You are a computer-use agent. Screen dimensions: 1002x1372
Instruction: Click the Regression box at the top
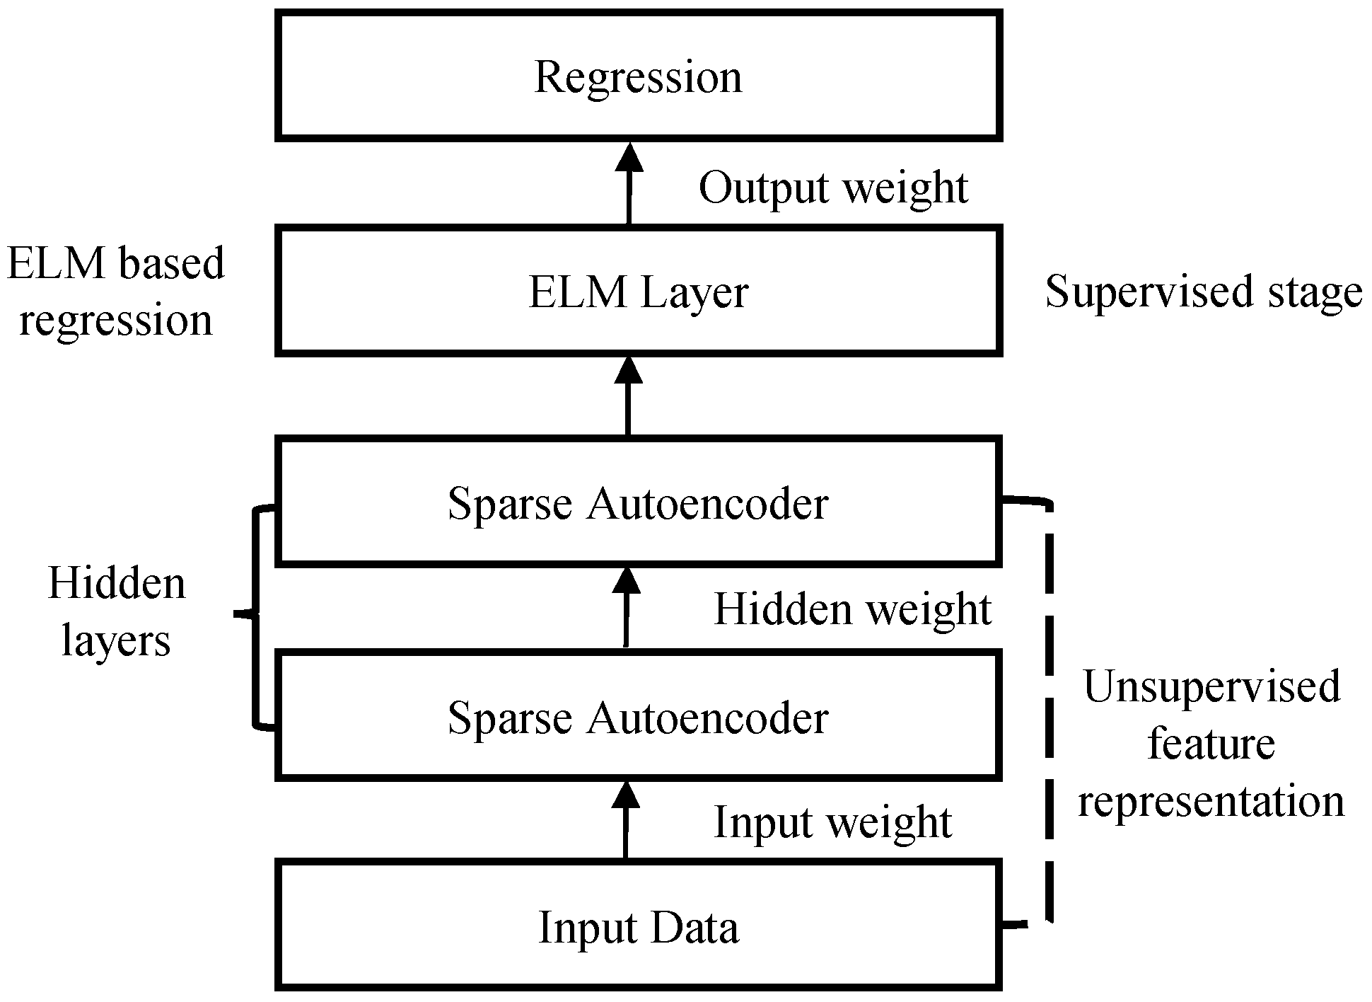(639, 76)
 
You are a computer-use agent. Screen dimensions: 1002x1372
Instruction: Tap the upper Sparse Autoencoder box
(639, 503)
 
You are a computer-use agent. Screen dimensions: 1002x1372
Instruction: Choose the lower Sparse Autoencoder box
(639, 717)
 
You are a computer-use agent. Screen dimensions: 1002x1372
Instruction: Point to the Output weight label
(833, 188)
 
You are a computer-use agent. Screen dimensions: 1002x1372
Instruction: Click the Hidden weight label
(852, 609)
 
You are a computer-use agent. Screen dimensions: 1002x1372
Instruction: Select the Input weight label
(832, 822)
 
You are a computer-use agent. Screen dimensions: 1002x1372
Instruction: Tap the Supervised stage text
(1204, 292)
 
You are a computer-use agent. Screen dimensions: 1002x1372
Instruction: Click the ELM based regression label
(115, 292)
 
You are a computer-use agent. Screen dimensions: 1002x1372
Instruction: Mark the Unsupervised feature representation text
(1211, 743)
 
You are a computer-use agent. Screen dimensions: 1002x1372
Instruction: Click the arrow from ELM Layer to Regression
(628, 184)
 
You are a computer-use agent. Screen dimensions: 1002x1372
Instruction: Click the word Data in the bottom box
(694, 927)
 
